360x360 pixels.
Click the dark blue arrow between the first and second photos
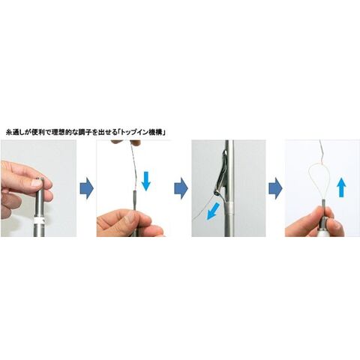tap(87, 188)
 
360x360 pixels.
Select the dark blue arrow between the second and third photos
tap(181, 188)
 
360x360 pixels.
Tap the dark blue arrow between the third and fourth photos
tap(275, 188)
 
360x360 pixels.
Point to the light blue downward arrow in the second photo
tap(146, 181)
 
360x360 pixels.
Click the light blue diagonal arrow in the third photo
tap(213, 211)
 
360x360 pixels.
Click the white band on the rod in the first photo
tap(40, 220)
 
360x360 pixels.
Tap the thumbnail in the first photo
tap(36, 183)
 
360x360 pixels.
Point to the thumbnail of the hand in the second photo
tap(130, 217)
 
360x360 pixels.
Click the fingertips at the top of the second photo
tap(126, 142)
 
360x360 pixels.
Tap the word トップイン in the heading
tap(134, 133)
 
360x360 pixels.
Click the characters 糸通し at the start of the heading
tap(15, 133)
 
